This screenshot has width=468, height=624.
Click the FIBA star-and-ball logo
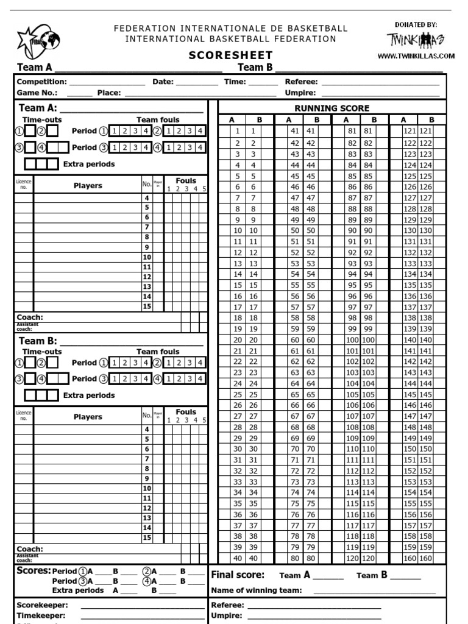[x=38, y=41]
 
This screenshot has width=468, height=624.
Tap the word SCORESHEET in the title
[x=230, y=55]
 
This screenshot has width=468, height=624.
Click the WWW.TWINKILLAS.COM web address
[x=416, y=56]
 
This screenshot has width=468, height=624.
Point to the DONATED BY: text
[x=416, y=24]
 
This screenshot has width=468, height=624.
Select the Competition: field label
[x=41, y=82]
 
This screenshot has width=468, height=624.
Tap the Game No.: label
[x=37, y=93]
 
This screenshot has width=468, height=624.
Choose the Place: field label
[x=109, y=93]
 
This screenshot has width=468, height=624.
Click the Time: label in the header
[x=235, y=82]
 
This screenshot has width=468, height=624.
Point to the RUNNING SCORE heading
[x=332, y=108]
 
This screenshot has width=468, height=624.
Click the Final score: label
[x=238, y=575]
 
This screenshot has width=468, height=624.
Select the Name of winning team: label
[x=256, y=590]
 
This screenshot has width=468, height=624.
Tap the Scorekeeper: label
[x=42, y=605]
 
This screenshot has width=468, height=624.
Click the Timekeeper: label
[x=41, y=615]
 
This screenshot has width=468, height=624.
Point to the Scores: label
[x=34, y=571]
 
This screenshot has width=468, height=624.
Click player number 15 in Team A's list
[x=147, y=307]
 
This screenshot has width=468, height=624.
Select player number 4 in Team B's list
[x=147, y=430]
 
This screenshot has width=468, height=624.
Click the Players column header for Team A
[x=88, y=185]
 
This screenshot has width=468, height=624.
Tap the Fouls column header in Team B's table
[x=186, y=412]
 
